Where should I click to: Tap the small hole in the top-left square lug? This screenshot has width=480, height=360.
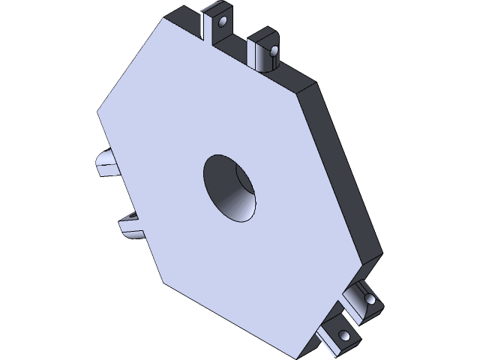click(x=222, y=21)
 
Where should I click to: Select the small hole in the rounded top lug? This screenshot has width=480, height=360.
click(x=274, y=52)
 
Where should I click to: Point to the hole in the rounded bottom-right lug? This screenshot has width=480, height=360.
click(x=370, y=300)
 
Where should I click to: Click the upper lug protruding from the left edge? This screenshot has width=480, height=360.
click(x=104, y=162)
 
